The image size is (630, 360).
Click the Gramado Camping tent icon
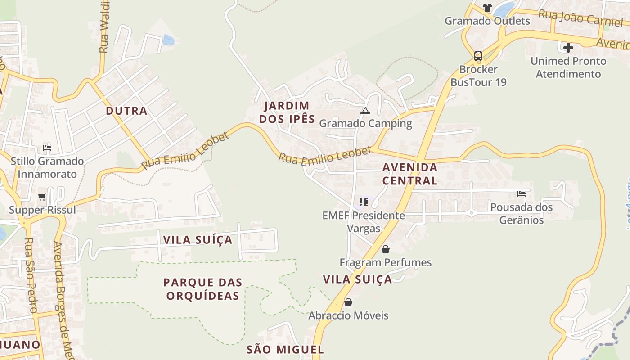click(365, 111)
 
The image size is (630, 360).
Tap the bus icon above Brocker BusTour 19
click(478, 56)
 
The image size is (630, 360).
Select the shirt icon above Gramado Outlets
click(487, 7)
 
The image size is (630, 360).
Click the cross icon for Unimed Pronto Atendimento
click(568, 47)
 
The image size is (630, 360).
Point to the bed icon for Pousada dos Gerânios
click(522, 194)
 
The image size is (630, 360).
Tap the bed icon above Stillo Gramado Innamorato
click(47, 148)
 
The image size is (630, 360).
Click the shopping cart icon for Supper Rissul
click(42, 197)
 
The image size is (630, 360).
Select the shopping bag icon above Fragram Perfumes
click(386, 249)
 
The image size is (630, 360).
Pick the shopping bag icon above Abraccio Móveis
click(348, 302)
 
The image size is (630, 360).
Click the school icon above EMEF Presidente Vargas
click(364, 202)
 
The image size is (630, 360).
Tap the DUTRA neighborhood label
click(126, 111)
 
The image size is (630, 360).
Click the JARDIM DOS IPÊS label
click(287, 112)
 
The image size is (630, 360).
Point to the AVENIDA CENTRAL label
click(409, 174)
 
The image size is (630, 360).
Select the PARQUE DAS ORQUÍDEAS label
click(202, 289)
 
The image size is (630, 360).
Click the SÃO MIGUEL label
click(285, 350)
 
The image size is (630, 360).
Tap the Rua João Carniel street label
click(580, 18)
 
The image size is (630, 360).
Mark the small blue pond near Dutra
click(168, 40)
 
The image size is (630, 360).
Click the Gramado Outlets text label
click(487, 21)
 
